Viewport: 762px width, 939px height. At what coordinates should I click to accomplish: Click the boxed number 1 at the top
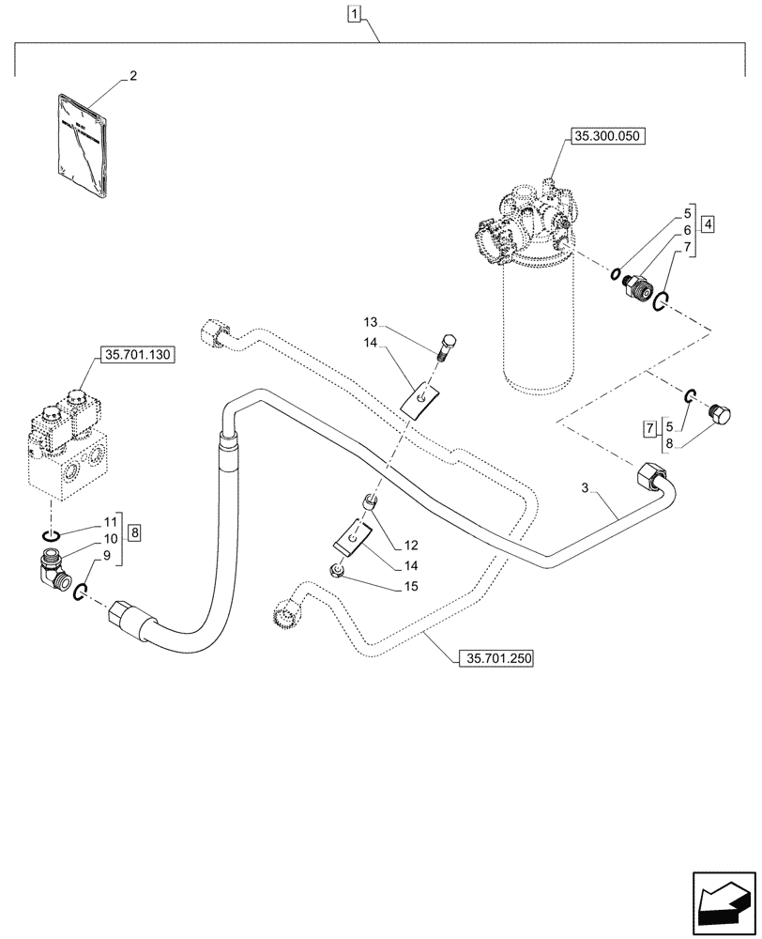tap(353, 13)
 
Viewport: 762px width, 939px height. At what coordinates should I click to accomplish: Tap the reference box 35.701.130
tap(136, 356)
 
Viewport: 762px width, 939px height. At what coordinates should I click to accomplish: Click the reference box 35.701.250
tap(495, 659)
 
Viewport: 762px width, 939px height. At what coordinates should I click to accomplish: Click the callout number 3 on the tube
tap(585, 488)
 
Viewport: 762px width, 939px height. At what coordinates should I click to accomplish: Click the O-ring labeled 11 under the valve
tap(53, 535)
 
